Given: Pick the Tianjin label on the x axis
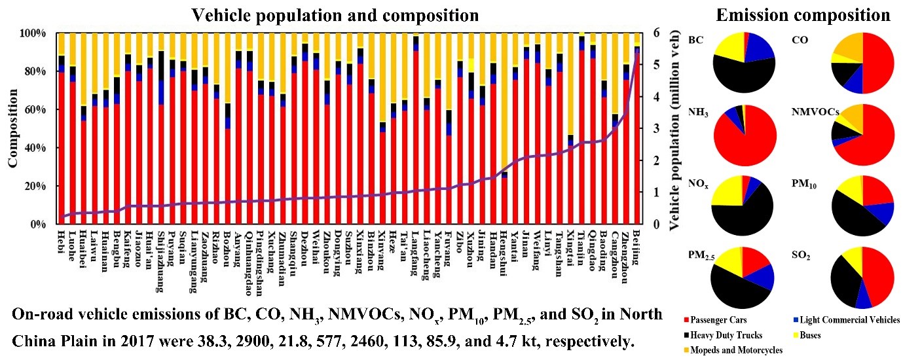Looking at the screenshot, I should (x=582, y=247).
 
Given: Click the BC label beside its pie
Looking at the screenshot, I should (x=696, y=40).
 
